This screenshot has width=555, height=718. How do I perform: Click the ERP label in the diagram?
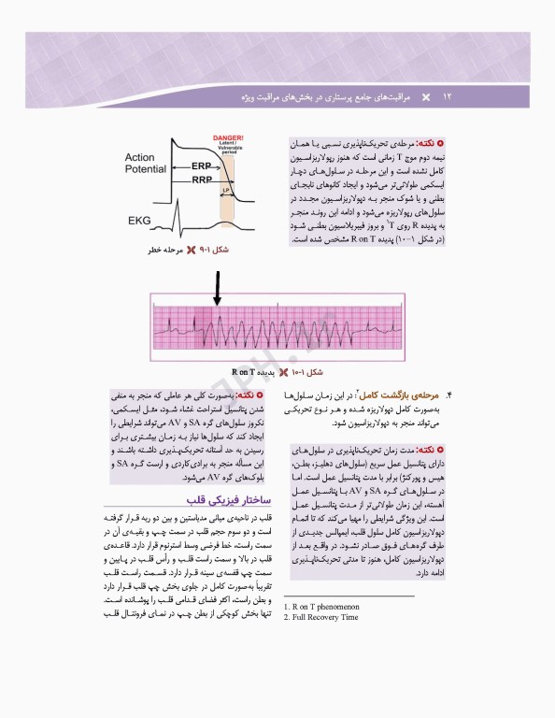202,165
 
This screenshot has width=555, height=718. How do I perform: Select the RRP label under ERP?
202,179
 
